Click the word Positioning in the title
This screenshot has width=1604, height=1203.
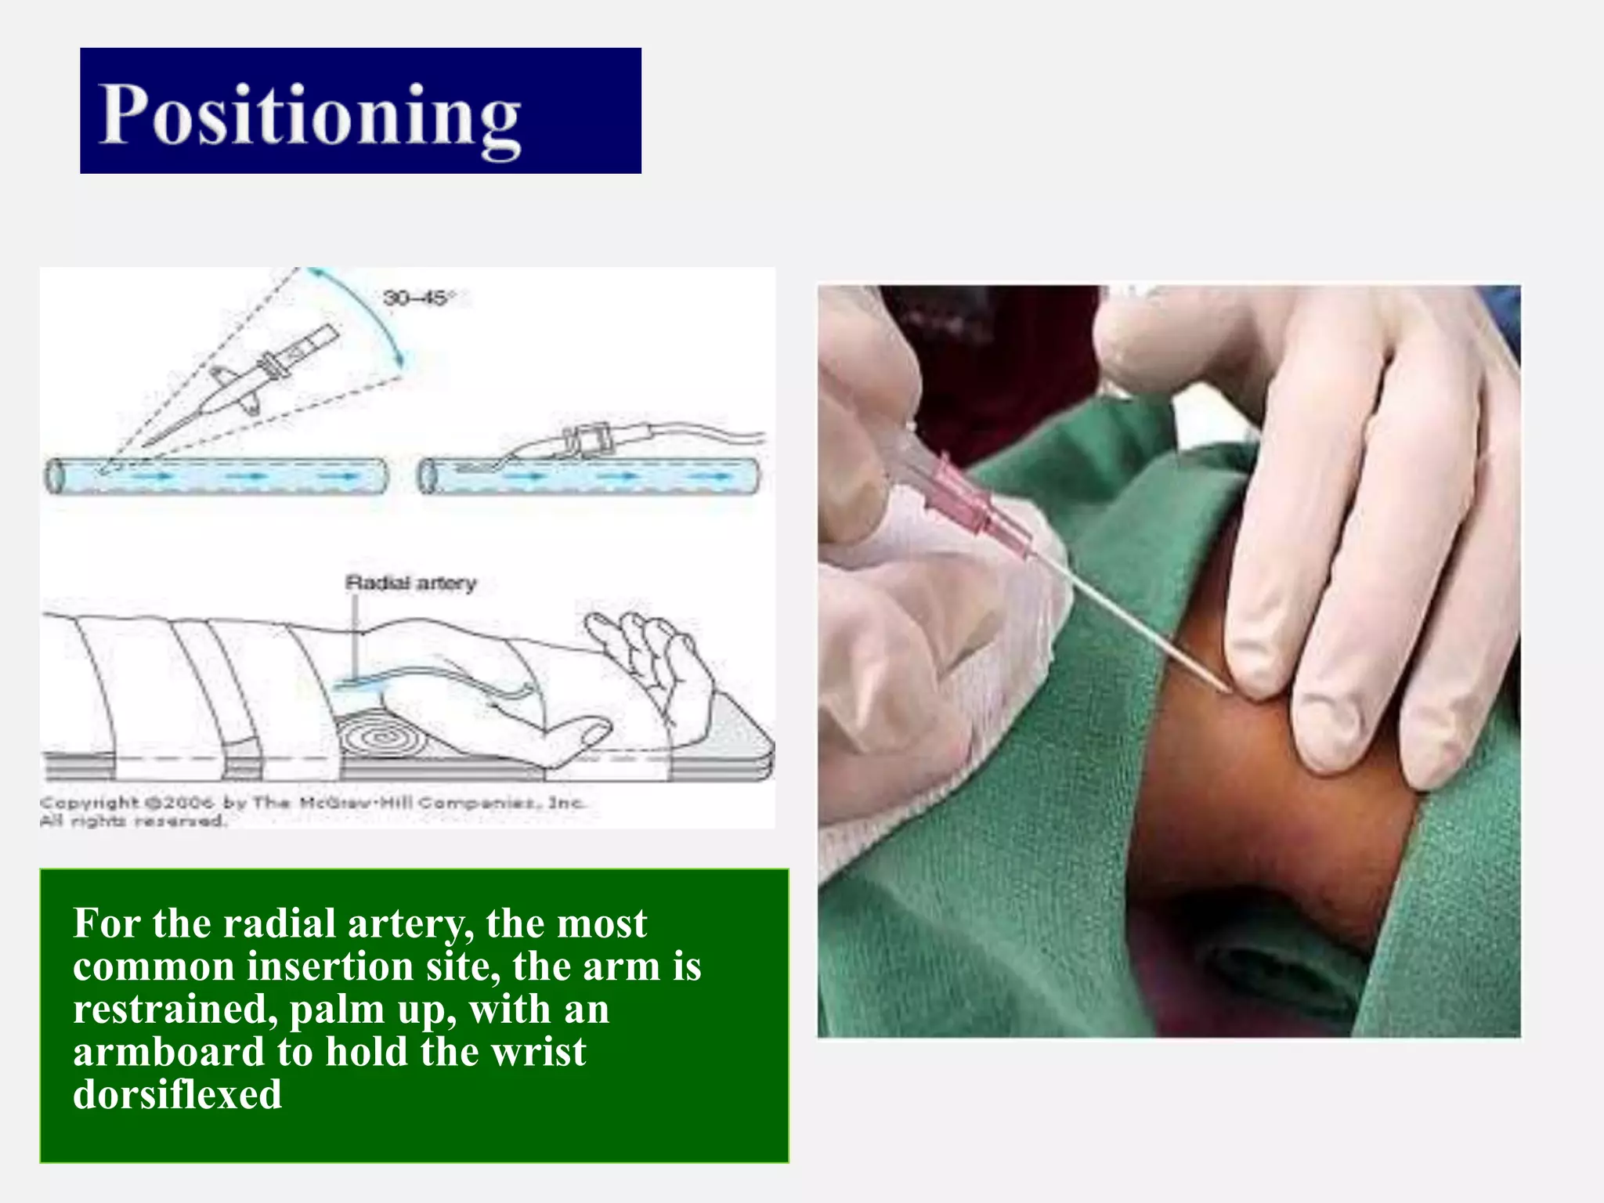tap(309, 116)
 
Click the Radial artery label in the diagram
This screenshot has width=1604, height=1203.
tap(410, 583)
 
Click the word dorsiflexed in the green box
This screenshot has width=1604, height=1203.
tap(177, 1094)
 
